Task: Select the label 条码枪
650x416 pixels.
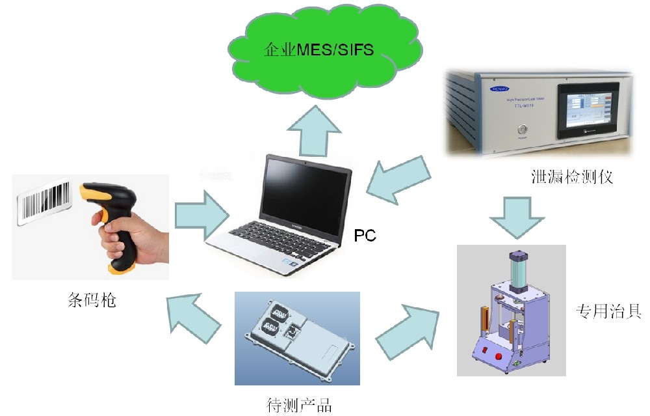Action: [92, 300]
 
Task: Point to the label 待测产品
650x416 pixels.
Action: [299, 404]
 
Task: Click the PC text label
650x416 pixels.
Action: [365, 236]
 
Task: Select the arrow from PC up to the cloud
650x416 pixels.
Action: [314, 134]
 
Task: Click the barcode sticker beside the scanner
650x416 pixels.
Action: [44, 202]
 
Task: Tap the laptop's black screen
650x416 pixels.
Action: [305, 189]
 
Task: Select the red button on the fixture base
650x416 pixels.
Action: [500, 355]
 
